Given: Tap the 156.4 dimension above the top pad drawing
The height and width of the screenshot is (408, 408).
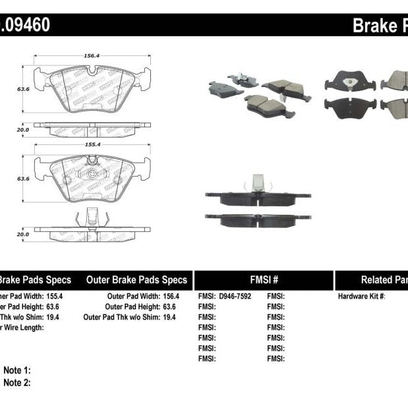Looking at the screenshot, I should (92, 57).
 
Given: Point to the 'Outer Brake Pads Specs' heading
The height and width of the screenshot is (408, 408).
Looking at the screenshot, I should (136, 279).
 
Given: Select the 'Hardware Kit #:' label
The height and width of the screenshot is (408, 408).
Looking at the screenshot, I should (361, 296).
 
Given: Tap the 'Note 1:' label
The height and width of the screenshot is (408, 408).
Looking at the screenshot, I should (17, 371).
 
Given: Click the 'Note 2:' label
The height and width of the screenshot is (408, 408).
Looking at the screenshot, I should (17, 382).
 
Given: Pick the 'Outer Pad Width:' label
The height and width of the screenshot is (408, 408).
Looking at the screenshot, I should (133, 296).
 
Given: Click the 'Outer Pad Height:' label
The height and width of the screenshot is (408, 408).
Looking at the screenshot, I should (132, 306).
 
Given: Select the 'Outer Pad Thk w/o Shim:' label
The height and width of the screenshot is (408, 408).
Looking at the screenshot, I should (121, 317).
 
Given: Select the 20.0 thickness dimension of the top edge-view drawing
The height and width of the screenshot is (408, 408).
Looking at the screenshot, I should (22, 130).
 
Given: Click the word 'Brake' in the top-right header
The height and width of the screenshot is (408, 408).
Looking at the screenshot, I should (374, 26).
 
